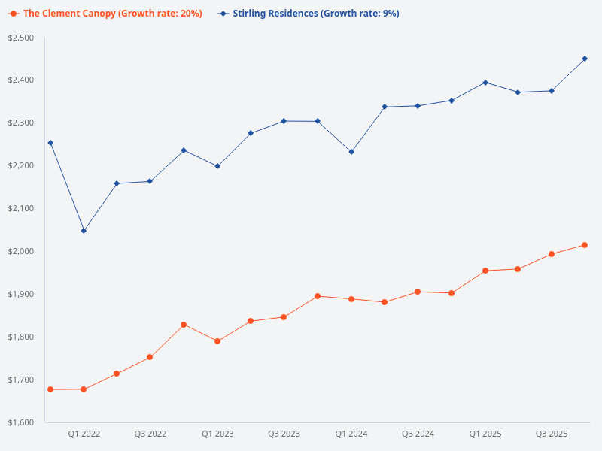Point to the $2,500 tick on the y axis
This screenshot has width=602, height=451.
coord(21,38)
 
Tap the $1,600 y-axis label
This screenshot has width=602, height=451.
coord(21,422)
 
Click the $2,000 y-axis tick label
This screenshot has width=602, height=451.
coord(21,251)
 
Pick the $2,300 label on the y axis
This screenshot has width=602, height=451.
coord(21,123)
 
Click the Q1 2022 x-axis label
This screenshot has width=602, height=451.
coord(84,434)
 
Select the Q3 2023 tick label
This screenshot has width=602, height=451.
coord(284,434)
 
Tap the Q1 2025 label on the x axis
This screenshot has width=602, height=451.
coord(485,434)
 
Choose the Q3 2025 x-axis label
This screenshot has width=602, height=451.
coord(552,434)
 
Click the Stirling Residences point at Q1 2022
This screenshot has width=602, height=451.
coord(84,231)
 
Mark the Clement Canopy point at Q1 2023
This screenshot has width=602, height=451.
coord(217,341)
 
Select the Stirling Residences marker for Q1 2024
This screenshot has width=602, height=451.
coord(351,152)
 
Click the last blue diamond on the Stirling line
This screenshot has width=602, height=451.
coord(585,59)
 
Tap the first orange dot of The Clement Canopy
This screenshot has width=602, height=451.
coord(50,389)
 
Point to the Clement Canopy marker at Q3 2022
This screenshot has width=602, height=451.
coord(150,357)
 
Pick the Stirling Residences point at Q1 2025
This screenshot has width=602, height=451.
coord(485,83)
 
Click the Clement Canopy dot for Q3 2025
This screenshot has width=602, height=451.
coord(552,254)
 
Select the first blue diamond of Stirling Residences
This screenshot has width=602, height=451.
coord(50,143)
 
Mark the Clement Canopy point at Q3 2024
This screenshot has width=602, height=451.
coord(418,292)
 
